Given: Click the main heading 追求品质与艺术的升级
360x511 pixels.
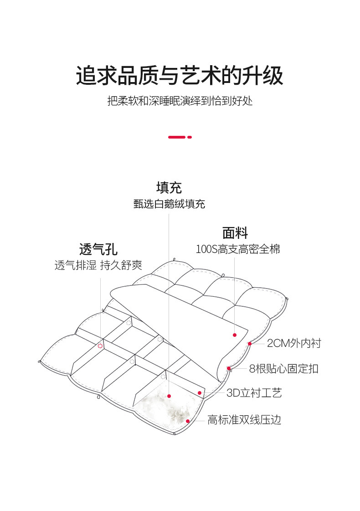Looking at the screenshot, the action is tap(180, 75).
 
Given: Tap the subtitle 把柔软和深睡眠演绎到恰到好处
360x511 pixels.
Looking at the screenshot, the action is tap(180, 101).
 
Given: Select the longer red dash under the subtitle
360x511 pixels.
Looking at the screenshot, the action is tap(177, 137).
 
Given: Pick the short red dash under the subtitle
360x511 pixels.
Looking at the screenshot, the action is tap(190, 137).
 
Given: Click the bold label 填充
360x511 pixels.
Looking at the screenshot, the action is tap(169, 187).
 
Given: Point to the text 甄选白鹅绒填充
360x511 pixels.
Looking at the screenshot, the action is tap(169, 204).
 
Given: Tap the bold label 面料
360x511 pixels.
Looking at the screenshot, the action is tap(235, 233).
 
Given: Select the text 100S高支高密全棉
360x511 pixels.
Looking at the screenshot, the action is tap(237, 249).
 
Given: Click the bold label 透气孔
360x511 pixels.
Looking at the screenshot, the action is tap(98, 249).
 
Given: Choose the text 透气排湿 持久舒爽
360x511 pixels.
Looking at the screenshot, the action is tap(98, 265).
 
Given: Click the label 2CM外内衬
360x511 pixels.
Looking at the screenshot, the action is tap(294, 343).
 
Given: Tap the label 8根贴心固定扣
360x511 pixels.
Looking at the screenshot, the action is tap(284, 368).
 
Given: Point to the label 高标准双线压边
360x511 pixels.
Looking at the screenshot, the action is tap(244, 420).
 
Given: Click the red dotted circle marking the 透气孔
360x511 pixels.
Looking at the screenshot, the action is tap(100, 346).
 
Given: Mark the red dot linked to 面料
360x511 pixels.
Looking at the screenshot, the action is tap(235, 335).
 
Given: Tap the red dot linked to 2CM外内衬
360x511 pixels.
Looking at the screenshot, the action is tap(250, 343).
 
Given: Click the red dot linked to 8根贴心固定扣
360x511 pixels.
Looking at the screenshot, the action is tap(229, 368).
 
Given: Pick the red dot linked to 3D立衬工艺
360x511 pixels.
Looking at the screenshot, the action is tap(200, 392).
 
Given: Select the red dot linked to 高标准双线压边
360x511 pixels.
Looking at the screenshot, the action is tap(187, 421).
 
